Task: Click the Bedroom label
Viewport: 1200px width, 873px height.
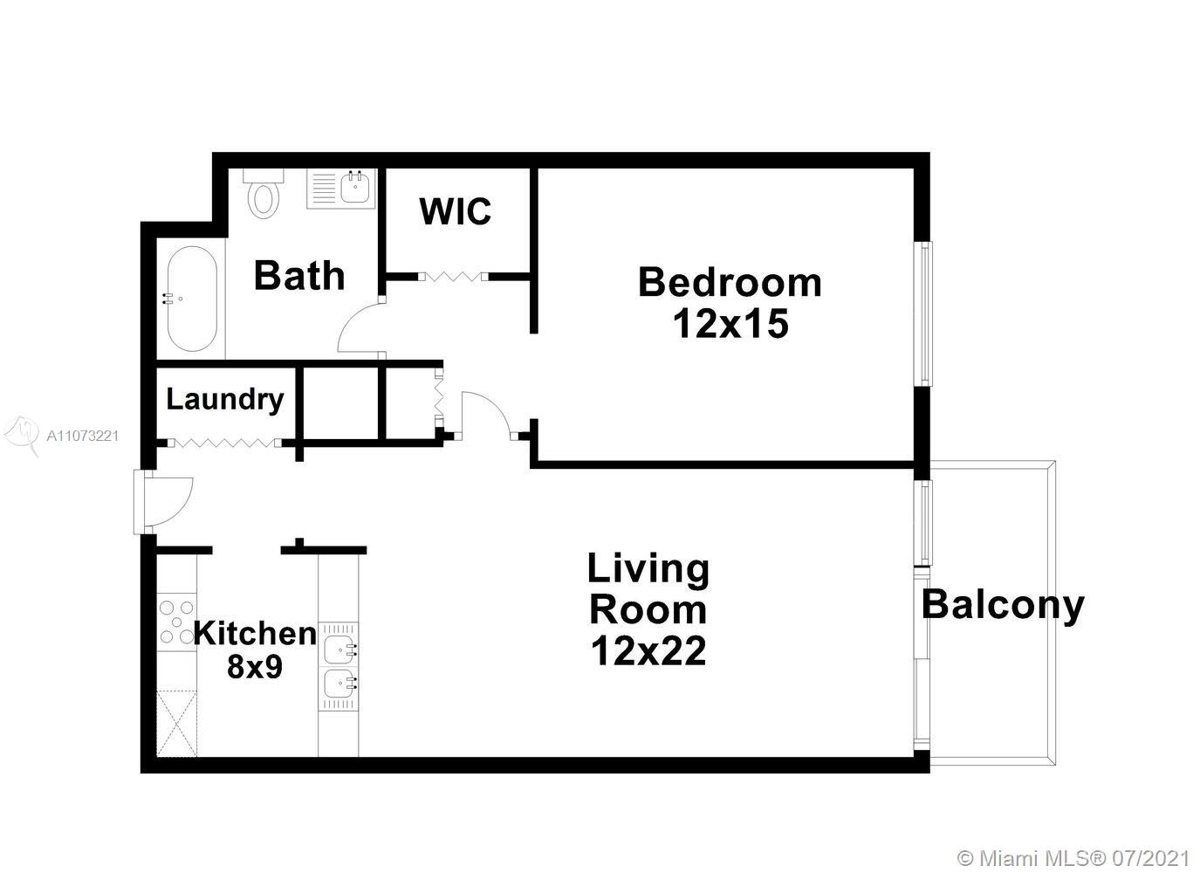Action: (x=730, y=283)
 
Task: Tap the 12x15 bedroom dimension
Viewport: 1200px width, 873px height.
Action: (x=730, y=324)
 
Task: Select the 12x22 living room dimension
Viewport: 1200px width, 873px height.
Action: (x=648, y=651)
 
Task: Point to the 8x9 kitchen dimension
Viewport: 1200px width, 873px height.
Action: (x=255, y=667)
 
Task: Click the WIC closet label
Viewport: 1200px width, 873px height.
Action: (x=456, y=211)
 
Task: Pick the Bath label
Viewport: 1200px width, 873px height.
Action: (x=299, y=276)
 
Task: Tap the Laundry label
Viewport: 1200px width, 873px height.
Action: (x=225, y=399)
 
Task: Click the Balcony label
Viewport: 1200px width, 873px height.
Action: (x=1003, y=606)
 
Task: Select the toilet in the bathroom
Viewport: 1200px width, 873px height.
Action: (x=263, y=194)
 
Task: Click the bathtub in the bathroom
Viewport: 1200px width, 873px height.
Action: (x=192, y=299)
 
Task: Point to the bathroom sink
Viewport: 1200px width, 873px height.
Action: (x=354, y=188)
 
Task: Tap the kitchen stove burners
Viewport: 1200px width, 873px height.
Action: (x=177, y=622)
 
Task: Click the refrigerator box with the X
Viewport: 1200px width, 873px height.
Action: (x=177, y=724)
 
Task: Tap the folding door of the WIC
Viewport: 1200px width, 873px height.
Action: (x=453, y=277)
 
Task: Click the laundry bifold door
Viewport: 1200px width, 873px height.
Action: (x=225, y=443)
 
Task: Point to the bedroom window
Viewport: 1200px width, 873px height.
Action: (x=923, y=313)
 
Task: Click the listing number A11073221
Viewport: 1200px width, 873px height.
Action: (x=83, y=436)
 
